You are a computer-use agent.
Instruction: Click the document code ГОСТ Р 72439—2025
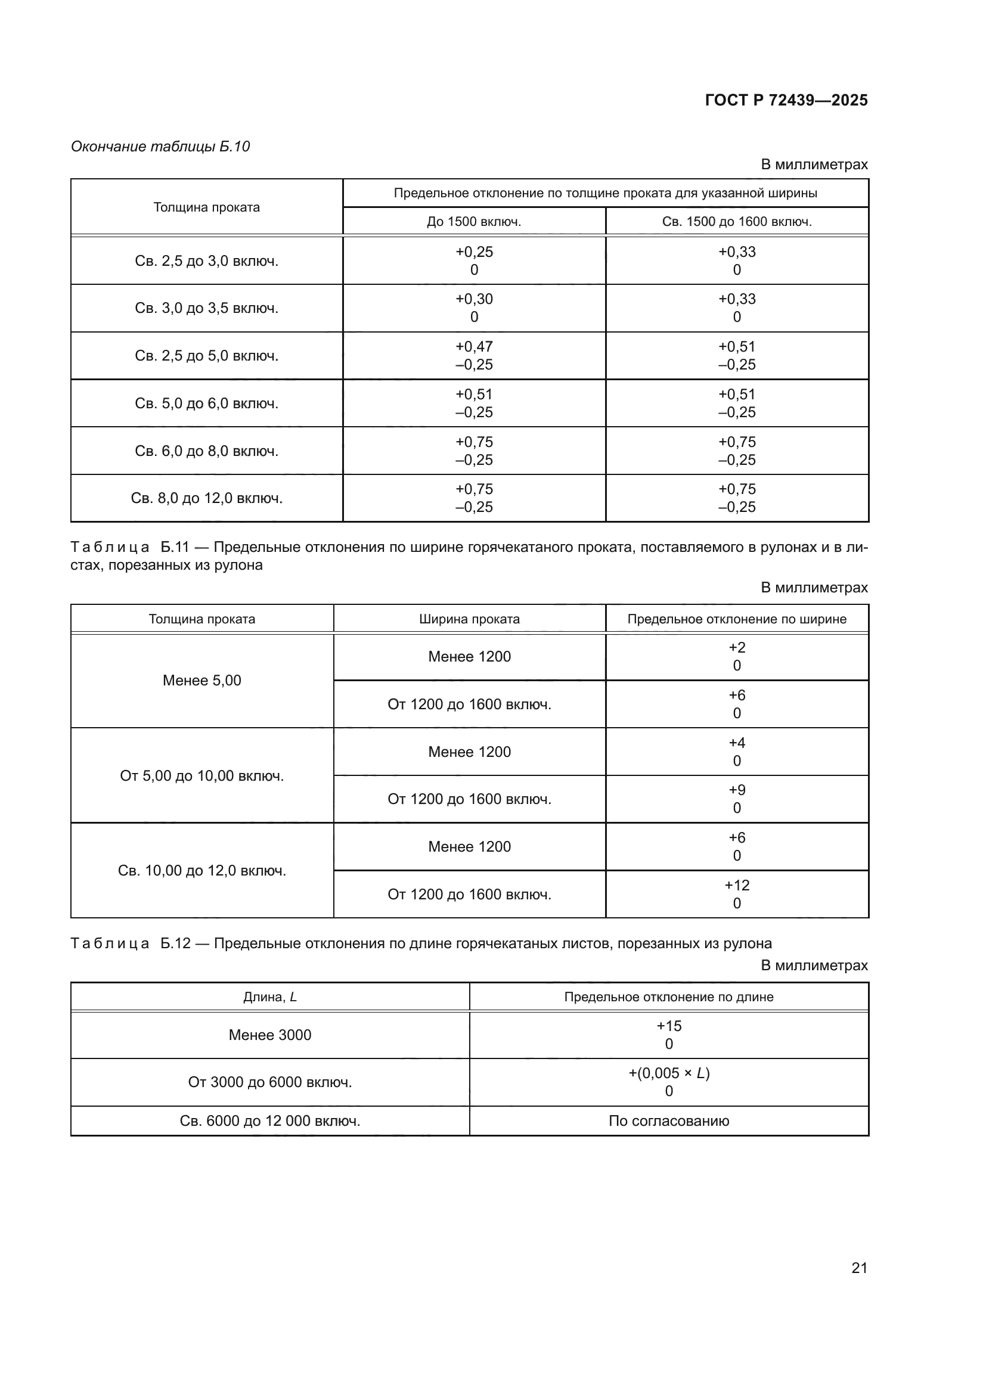(x=786, y=100)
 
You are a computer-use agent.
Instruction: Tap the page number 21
(x=859, y=1268)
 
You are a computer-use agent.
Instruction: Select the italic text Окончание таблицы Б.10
(x=160, y=147)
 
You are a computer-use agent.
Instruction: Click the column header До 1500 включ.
(x=473, y=222)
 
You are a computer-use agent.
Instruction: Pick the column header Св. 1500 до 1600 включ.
(x=736, y=222)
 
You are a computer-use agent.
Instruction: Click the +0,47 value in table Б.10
(x=474, y=347)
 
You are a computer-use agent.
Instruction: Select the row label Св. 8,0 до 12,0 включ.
(x=206, y=498)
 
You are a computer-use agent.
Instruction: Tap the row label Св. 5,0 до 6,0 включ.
(x=206, y=403)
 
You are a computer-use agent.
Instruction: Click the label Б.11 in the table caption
(x=175, y=547)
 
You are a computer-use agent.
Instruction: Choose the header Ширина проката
(x=469, y=619)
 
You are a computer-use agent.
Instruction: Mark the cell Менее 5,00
(x=201, y=681)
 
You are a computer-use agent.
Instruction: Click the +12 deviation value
(x=736, y=885)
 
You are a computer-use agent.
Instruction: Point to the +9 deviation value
(x=736, y=790)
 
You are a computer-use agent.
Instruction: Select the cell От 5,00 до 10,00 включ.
(x=201, y=776)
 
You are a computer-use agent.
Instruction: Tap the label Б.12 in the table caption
(x=175, y=943)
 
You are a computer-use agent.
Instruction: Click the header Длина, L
(x=269, y=997)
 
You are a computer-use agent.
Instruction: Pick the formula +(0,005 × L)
(x=668, y=1073)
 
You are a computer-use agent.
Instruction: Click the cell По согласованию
(x=668, y=1121)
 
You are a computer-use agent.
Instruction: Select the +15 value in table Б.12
(x=668, y=1026)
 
